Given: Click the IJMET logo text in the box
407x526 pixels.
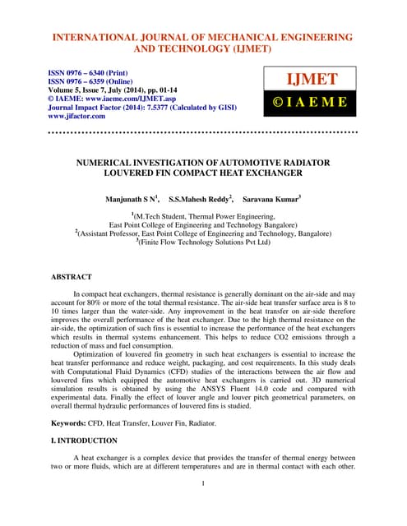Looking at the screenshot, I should click(311, 81).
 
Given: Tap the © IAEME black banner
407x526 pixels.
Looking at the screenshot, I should click(311, 104).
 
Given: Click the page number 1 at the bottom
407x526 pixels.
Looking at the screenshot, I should click(203, 482).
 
